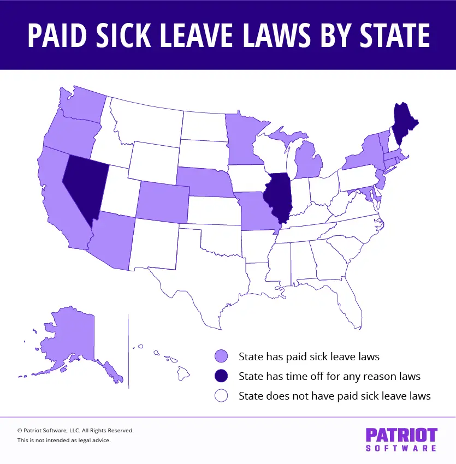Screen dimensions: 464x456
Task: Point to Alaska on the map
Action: (x=71, y=338)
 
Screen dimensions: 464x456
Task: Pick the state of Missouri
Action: (x=257, y=210)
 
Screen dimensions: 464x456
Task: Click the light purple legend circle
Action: (x=221, y=357)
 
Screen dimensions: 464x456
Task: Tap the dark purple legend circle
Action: (x=221, y=376)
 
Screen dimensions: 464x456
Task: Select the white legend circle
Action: (x=221, y=396)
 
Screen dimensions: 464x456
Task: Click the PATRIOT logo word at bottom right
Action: (x=401, y=435)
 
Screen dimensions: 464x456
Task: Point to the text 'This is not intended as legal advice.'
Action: (x=64, y=440)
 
